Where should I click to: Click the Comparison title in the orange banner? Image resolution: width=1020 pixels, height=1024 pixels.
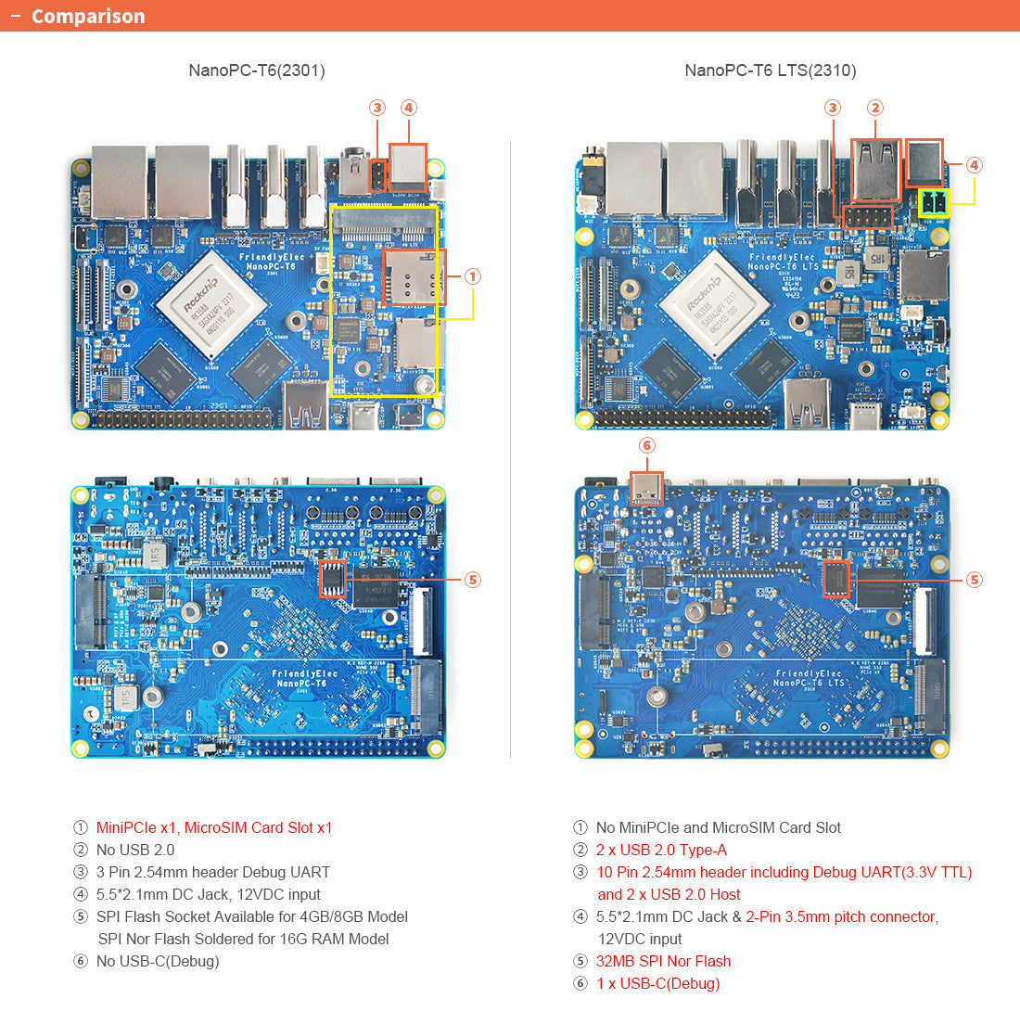click(x=88, y=17)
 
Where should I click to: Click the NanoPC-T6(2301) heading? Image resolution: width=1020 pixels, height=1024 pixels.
click(x=257, y=70)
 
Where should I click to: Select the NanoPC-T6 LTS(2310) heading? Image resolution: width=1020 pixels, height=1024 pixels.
click(x=770, y=70)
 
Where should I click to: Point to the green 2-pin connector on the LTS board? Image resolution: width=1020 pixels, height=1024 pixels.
click(x=934, y=203)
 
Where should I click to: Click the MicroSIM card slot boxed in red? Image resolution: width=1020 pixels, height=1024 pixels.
click(x=414, y=277)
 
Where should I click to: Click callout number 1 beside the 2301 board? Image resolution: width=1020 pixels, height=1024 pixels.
click(x=473, y=276)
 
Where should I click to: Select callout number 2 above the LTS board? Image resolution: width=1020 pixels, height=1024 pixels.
click(x=875, y=108)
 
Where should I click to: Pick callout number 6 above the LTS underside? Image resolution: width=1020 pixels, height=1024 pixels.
click(x=647, y=446)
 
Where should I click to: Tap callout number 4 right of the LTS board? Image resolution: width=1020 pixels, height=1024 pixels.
click(x=974, y=165)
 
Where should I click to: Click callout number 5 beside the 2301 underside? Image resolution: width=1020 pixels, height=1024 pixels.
click(x=473, y=580)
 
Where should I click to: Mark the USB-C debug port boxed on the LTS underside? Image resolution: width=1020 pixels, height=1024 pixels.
click(x=647, y=488)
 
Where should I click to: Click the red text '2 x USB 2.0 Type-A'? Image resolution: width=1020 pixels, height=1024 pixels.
click(x=661, y=850)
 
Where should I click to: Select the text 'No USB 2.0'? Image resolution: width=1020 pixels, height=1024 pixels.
click(x=135, y=850)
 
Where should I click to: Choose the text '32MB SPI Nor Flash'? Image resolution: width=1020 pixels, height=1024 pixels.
click(x=663, y=961)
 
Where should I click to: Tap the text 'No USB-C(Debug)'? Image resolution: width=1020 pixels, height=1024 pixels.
click(x=158, y=961)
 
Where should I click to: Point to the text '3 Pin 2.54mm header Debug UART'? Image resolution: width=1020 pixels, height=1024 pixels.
click(x=213, y=872)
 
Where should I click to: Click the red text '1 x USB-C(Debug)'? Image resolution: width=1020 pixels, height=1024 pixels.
click(x=657, y=983)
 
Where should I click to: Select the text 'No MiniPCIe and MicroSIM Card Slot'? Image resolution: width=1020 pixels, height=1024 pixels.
click(x=719, y=827)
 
